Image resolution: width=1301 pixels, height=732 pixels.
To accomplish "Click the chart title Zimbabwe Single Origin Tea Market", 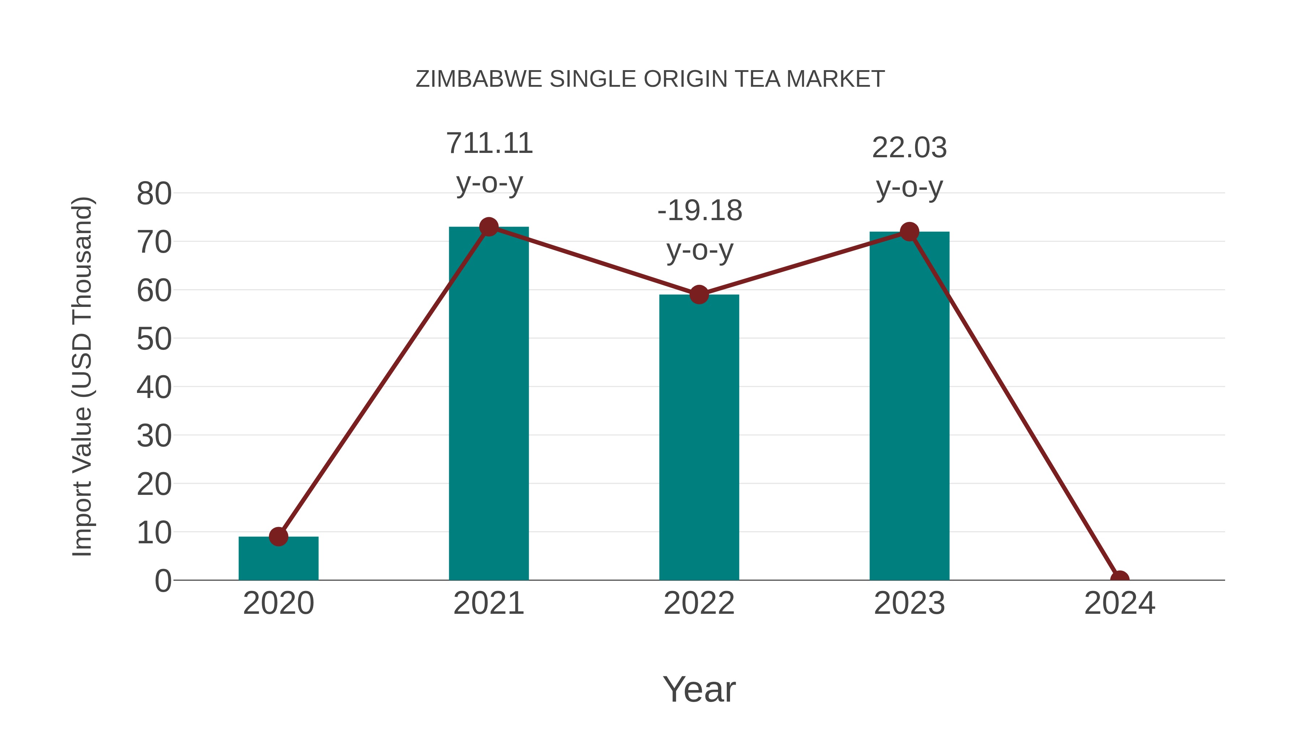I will [650, 79].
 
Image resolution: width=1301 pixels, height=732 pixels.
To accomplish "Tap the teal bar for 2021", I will [488, 404].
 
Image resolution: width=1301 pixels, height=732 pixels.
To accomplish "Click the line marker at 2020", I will [278, 536].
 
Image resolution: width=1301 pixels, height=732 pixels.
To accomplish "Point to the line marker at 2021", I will [488, 227].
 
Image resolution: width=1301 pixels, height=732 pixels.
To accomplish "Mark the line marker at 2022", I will [699, 295].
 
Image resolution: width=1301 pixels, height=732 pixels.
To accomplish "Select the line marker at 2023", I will [909, 232].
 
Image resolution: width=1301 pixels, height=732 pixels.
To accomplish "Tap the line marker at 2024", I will [1120, 579].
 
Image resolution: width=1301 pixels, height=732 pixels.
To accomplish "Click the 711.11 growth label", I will [489, 144].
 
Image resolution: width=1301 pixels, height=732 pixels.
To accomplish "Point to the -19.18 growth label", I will [700, 211].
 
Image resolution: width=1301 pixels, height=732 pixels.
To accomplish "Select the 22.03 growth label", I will [909, 148].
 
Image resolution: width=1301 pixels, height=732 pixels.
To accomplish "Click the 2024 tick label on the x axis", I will [1120, 604].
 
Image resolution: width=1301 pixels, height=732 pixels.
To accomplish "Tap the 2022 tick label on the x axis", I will [699, 604].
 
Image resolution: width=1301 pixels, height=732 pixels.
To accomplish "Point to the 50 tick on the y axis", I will [154, 339].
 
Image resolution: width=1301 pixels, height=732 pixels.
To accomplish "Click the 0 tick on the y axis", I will [163, 581].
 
